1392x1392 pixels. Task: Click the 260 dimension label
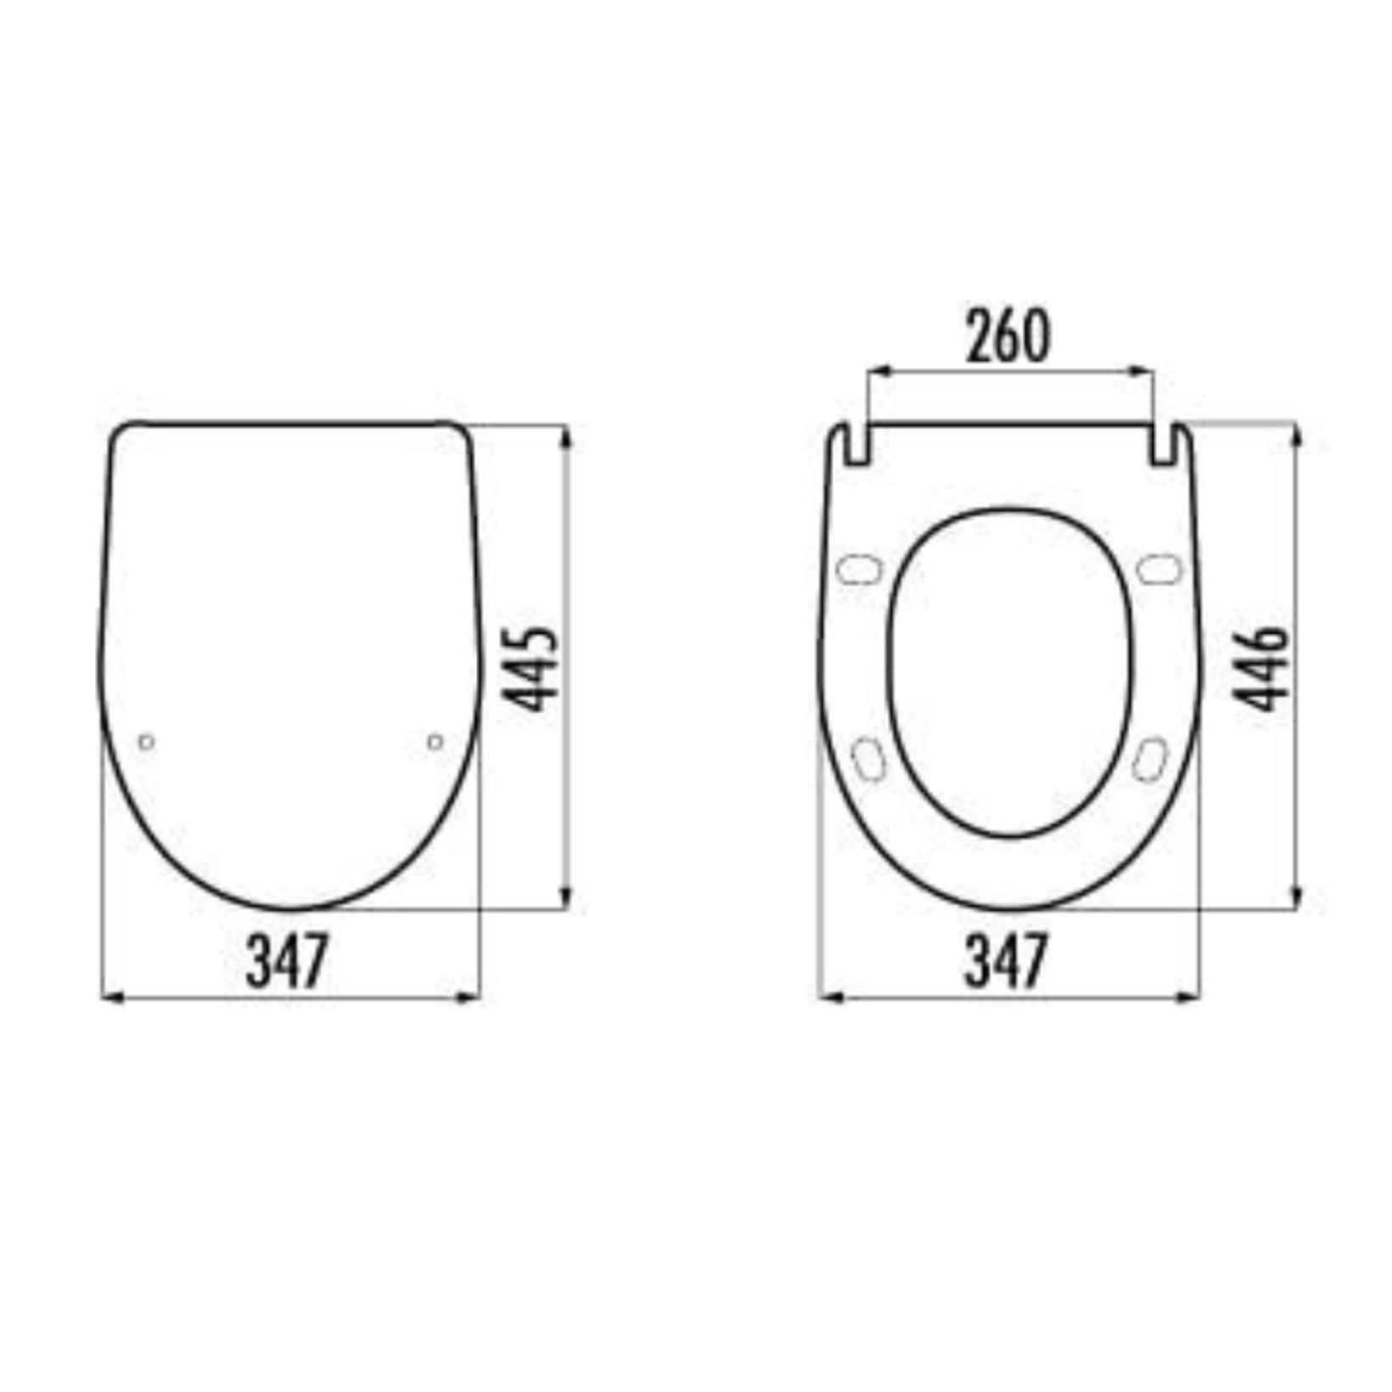1008,337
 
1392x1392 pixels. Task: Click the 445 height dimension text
531,669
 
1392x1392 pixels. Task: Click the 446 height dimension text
1261,669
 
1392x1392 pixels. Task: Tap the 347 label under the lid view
287,961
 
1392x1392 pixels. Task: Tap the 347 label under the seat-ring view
1007,961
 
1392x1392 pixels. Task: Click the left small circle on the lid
146,743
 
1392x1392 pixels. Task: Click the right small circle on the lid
435,743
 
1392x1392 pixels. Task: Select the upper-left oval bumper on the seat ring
859,570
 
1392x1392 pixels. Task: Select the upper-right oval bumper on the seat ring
1159,570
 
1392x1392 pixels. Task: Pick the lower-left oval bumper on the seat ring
868,759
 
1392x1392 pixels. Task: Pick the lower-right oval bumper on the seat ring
1149,759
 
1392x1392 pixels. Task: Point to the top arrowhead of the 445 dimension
566,436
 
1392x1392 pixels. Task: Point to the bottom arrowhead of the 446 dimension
1296,898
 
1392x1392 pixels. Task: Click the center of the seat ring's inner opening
1010,673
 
